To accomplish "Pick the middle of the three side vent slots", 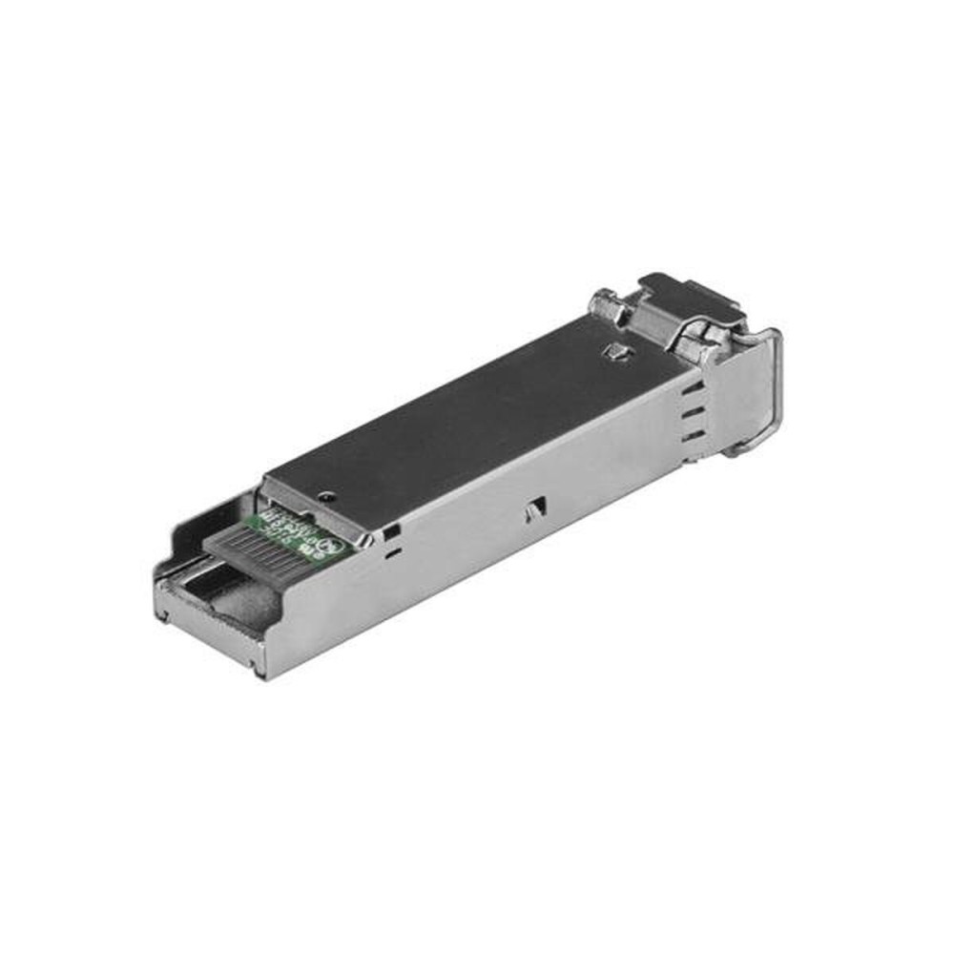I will pos(694,413).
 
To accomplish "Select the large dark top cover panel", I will pos(477,410).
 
